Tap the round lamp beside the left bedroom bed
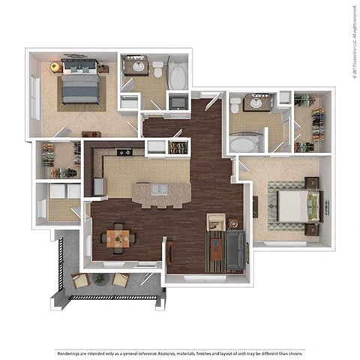point(55,67)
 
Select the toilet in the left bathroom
point(158,69)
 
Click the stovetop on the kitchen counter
point(124,153)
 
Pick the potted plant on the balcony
point(100,279)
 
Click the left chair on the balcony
point(79,281)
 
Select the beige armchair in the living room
point(216,222)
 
